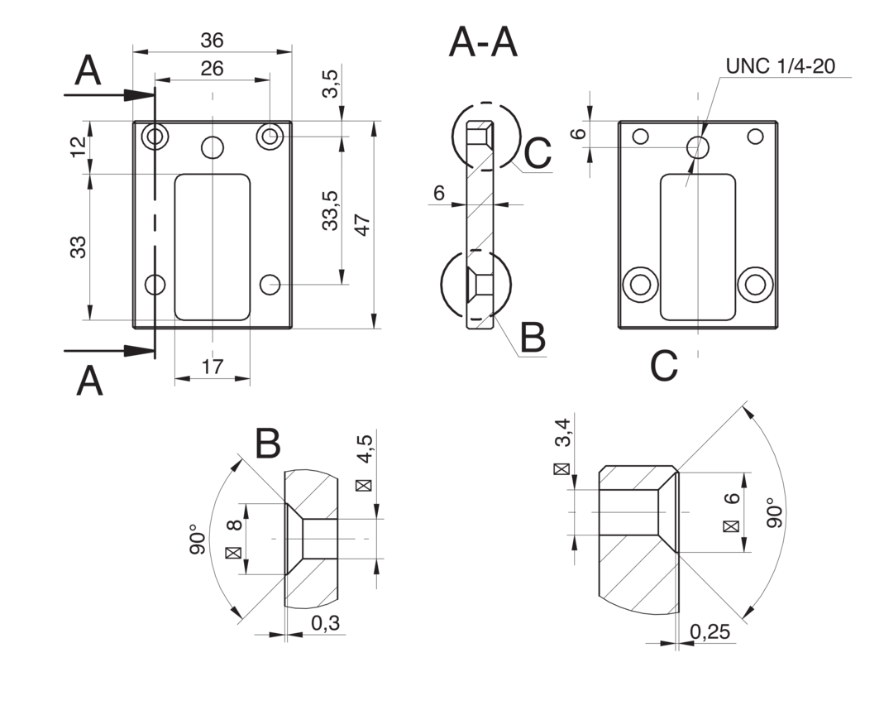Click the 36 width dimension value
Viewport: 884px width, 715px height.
click(x=212, y=41)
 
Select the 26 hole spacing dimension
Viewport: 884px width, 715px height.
click(x=212, y=69)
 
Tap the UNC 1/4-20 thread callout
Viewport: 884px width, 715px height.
click(x=781, y=66)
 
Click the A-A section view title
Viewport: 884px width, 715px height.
click(x=483, y=43)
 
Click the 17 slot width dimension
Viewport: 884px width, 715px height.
click(x=212, y=367)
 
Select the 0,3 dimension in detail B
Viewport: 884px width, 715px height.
click(x=325, y=623)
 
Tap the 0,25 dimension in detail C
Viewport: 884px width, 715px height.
click(x=710, y=631)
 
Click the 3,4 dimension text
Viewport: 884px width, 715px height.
click(x=563, y=432)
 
